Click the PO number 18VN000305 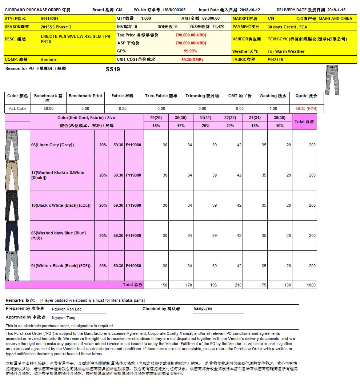tap(174, 10)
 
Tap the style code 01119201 tap(49, 19)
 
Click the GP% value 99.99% tap(190, 51)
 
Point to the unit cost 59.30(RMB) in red tap(192, 60)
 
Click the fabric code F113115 tap(275, 60)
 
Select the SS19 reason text tap(113, 70)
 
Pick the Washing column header tap(273, 96)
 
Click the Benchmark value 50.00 tap(48, 108)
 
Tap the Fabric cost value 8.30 tap(123, 108)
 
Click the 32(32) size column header tap(230, 118)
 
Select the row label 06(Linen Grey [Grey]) tap(52, 145)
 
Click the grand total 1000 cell tap(311, 285)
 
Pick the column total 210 tap(238, 285)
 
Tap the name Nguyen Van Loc tap(67, 309)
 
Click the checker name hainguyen tap(203, 309)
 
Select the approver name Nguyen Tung tap(64, 318)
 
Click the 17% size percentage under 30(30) tap(181, 126)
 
